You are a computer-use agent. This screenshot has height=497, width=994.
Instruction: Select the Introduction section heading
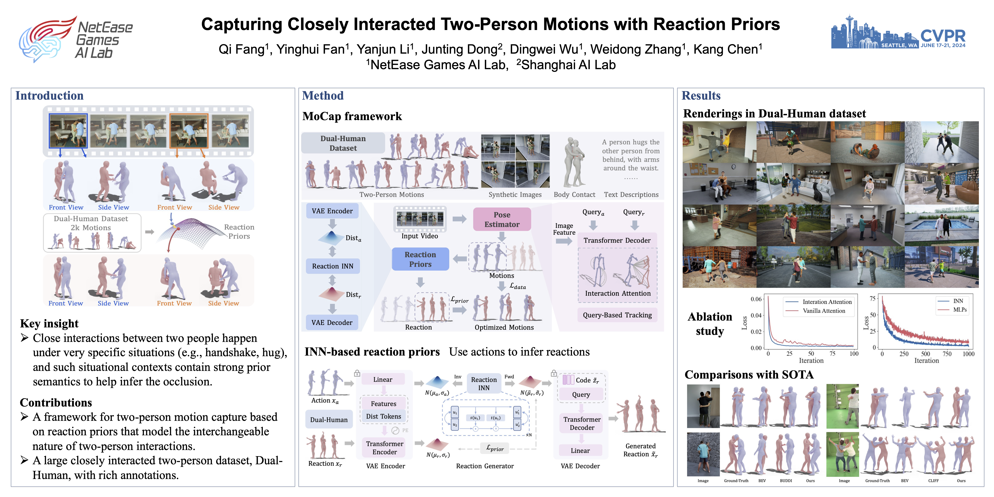[49, 96]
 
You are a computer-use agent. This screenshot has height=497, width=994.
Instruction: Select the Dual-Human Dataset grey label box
[343, 143]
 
